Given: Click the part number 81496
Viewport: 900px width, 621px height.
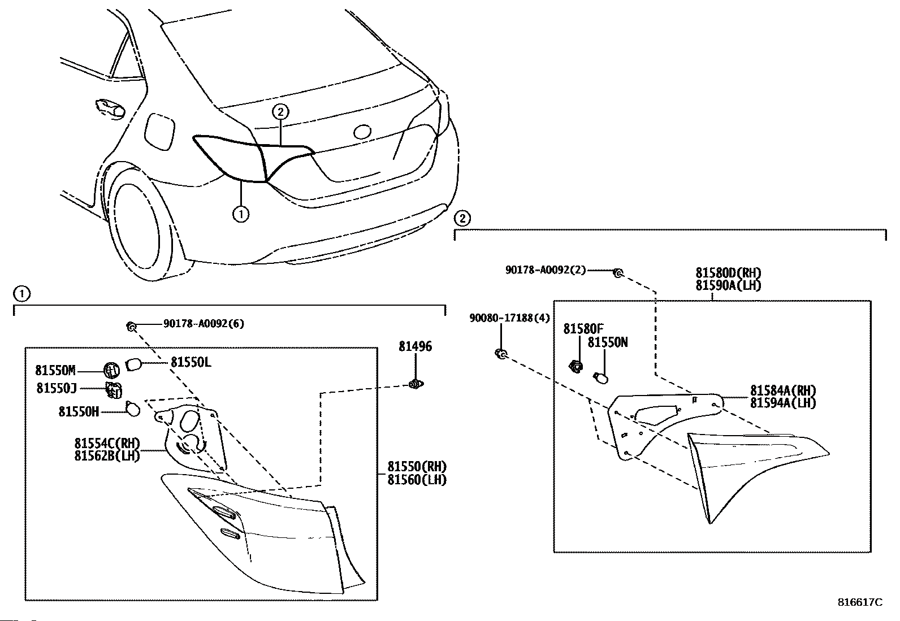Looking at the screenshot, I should pyautogui.click(x=415, y=346).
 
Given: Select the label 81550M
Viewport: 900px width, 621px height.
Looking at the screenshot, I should pyautogui.click(x=55, y=371).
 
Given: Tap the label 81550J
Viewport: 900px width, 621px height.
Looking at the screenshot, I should pyautogui.click(x=57, y=388).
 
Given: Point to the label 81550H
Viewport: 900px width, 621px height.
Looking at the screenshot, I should pyautogui.click(x=79, y=411).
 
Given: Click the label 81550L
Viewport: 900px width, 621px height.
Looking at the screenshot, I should pyautogui.click(x=191, y=362).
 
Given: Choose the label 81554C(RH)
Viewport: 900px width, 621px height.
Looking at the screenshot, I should pyautogui.click(x=107, y=443).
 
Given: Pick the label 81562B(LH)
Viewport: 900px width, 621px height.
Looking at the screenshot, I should pyautogui.click(x=107, y=455).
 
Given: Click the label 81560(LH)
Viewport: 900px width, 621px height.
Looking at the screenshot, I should pyautogui.click(x=417, y=480).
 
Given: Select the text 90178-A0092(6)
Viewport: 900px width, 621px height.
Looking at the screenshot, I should pyautogui.click(x=204, y=324).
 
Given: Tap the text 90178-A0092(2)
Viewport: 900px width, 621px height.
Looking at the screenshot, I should pyautogui.click(x=546, y=270).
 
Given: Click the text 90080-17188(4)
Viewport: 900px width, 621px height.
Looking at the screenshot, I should pyautogui.click(x=509, y=318).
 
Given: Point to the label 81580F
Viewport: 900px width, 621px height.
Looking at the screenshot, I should pyautogui.click(x=583, y=329).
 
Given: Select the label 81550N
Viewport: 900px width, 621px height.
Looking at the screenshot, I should pyautogui.click(x=608, y=342).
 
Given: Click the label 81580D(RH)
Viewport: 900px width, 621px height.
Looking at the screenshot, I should pyautogui.click(x=728, y=273).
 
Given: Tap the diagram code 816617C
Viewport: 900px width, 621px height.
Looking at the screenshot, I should pyautogui.click(x=860, y=602).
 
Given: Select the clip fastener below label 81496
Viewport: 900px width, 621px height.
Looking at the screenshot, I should pyautogui.click(x=416, y=385).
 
